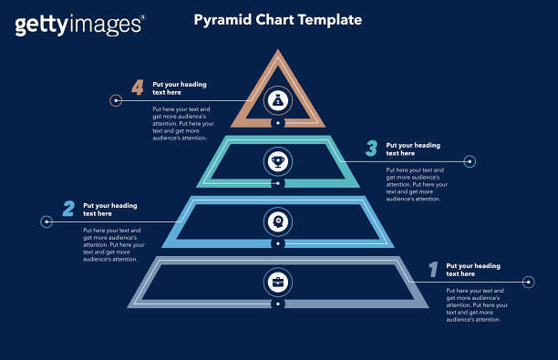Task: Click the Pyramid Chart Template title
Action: click(277, 19)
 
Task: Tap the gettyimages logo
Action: click(79, 25)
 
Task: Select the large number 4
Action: click(138, 87)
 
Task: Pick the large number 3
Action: click(371, 148)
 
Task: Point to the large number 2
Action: click(68, 209)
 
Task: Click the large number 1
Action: click(433, 269)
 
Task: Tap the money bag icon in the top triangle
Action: click(278, 100)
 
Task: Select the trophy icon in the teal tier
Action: click(278, 161)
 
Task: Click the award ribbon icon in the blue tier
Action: click(278, 221)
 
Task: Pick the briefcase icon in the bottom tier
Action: click(278, 282)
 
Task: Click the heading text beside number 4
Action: click(180, 88)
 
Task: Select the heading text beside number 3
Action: click(413, 149)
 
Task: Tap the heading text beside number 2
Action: click(110, 210)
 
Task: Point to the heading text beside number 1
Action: click(473, 270)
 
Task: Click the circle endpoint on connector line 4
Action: click(116, 100)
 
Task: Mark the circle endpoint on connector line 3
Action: click(470, 161)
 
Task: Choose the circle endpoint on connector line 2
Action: click(46, 221)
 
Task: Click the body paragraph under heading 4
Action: click(181, 123)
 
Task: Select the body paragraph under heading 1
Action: click(477, 305)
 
